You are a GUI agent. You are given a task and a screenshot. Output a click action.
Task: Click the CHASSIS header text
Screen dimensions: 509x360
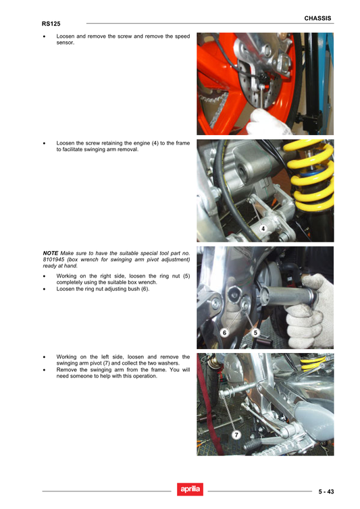(317, 18)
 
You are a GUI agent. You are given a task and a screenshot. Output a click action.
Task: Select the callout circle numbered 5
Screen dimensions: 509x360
(256, 332)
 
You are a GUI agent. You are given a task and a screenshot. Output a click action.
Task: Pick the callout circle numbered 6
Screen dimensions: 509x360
(224, 332)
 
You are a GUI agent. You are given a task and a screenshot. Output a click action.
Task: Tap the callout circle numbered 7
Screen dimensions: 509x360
(236, 434)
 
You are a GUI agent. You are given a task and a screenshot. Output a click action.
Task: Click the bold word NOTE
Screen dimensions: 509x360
(50, 252)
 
